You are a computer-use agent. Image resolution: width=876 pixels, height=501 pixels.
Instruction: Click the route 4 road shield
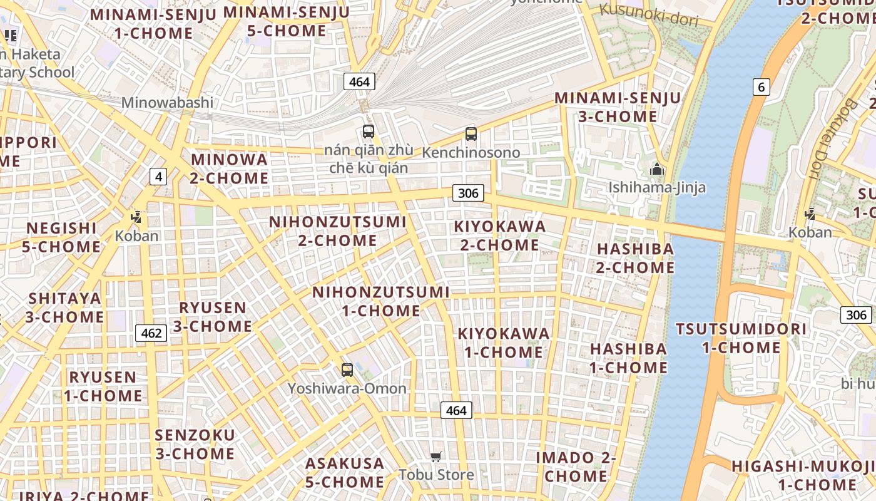[x=158, y=177]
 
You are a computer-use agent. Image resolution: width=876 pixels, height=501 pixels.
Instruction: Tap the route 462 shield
[x=151, y=333]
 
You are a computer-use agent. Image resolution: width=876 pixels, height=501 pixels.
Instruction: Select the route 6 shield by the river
[x=761, y=87]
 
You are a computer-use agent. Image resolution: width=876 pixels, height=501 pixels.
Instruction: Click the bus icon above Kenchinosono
[x=471, y=133]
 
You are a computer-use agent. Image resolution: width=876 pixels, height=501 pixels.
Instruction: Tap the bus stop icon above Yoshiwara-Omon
[x=347, y=369]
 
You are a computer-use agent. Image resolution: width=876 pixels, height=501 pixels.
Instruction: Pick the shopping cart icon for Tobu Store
[x=436, y=457]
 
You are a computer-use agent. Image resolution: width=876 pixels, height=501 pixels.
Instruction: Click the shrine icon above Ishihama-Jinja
[x=656, y=169]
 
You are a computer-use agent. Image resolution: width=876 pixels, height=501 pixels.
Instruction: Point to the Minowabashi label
[x=167, y=102]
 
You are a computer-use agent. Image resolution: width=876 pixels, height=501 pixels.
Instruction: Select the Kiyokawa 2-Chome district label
[x=500, y=235]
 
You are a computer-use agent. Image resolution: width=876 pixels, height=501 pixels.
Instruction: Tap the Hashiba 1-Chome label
[x=628, y=358]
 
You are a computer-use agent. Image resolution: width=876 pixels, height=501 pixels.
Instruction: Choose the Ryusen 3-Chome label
[x=213, y=317]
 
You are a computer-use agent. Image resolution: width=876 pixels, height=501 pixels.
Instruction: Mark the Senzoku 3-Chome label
[x=195, y=444]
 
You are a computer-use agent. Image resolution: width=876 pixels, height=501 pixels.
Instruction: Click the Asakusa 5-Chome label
[x=345, y=473]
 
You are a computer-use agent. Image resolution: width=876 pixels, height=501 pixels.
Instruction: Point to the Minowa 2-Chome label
[x=230, y=168]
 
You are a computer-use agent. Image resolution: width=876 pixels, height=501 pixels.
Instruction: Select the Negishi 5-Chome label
[x=61, y=237]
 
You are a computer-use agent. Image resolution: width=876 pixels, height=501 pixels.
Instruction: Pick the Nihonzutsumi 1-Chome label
[x=380, y=301]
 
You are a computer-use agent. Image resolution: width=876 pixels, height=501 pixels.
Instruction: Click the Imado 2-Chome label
[x=576, y=467]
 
